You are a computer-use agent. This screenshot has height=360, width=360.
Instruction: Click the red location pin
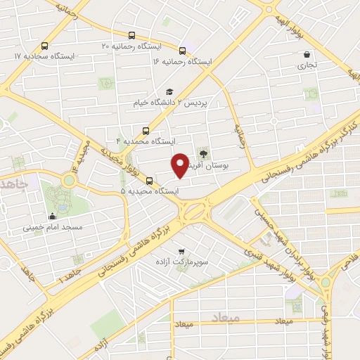tap(181, 165)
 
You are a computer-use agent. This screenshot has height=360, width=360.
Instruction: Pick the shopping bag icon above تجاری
tap(306, 54)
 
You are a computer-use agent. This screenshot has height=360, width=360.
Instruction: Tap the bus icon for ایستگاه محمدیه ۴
tap(146, 130)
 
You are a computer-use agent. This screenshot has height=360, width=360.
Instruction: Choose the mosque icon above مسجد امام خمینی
tap(53, 217)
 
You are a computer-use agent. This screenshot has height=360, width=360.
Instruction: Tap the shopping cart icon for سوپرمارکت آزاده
tap(182, 251)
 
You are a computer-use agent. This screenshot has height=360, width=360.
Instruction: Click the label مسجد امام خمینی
tap(53, 228)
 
